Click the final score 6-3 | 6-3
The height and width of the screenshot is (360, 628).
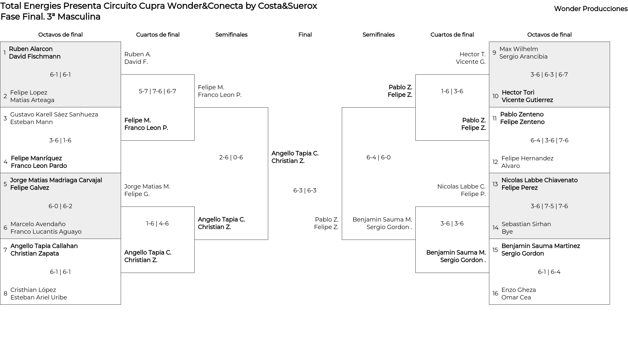305,190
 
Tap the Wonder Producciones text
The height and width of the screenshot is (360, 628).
591,9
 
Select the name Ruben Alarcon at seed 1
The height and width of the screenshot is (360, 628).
31,49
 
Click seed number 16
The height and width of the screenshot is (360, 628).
495,294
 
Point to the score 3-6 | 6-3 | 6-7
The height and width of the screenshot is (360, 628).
549,75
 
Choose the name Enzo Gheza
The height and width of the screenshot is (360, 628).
518,290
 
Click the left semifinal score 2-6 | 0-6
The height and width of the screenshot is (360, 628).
231,157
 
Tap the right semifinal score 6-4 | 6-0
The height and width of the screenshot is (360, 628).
378,157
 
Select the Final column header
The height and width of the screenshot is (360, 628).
305,35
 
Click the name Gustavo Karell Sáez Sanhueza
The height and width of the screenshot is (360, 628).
54,115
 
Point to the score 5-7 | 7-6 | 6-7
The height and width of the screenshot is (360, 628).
157,91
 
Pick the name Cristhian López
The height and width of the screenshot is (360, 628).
33,290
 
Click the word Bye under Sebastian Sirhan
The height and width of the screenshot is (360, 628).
507,232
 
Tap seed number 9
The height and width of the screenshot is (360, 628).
494,53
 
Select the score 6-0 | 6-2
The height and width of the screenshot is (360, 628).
61,206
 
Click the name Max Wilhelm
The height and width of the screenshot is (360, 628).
519,49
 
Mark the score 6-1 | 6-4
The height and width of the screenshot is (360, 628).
549,272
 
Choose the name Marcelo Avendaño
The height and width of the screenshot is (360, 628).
38,224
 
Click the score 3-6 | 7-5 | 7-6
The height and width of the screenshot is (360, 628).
549,206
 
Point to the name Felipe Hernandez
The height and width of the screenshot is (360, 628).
527,158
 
